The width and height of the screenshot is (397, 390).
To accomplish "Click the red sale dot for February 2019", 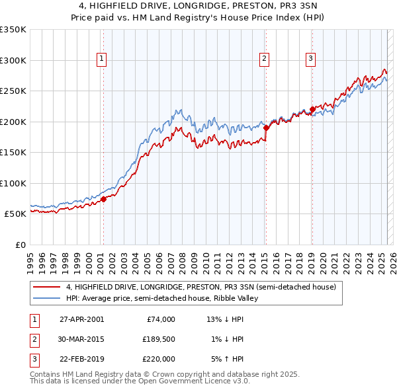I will tap(312, 110).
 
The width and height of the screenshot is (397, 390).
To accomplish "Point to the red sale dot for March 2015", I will tap(266, 128).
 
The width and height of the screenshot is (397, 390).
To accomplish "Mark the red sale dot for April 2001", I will tap(103, 199).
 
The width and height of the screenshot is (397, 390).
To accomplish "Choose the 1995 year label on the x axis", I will tap(30, 258).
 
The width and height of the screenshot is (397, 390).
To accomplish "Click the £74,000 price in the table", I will tap(161, 319).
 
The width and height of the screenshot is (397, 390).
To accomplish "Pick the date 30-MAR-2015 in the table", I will tap(81, 339).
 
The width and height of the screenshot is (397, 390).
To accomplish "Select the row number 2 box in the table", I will tap(34, 339).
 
